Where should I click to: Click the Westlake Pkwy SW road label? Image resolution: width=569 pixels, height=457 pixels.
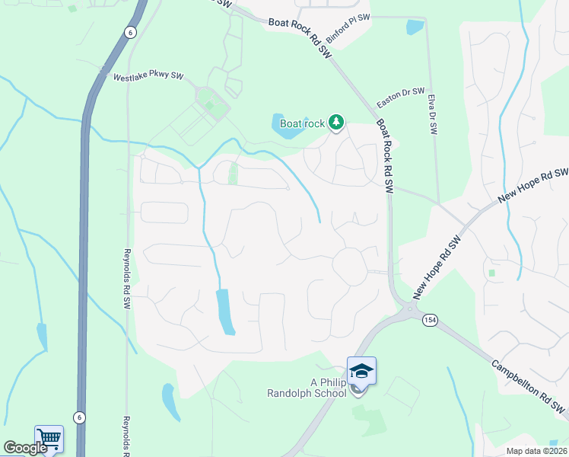149,77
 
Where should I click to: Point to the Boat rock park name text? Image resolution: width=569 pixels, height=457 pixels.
302,123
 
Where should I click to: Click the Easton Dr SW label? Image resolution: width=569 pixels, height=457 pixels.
402,97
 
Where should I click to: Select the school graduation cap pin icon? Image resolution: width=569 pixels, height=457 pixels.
361,371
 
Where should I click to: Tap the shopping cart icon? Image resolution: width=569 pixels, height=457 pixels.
49,438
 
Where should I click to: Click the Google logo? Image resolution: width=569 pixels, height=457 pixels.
24,448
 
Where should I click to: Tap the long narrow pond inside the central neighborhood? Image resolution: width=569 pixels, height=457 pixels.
225,312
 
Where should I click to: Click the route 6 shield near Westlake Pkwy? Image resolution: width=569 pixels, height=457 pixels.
131,31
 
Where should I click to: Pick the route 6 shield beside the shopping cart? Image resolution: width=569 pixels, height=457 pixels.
78,417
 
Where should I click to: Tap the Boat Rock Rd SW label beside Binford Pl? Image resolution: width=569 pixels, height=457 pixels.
300,36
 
